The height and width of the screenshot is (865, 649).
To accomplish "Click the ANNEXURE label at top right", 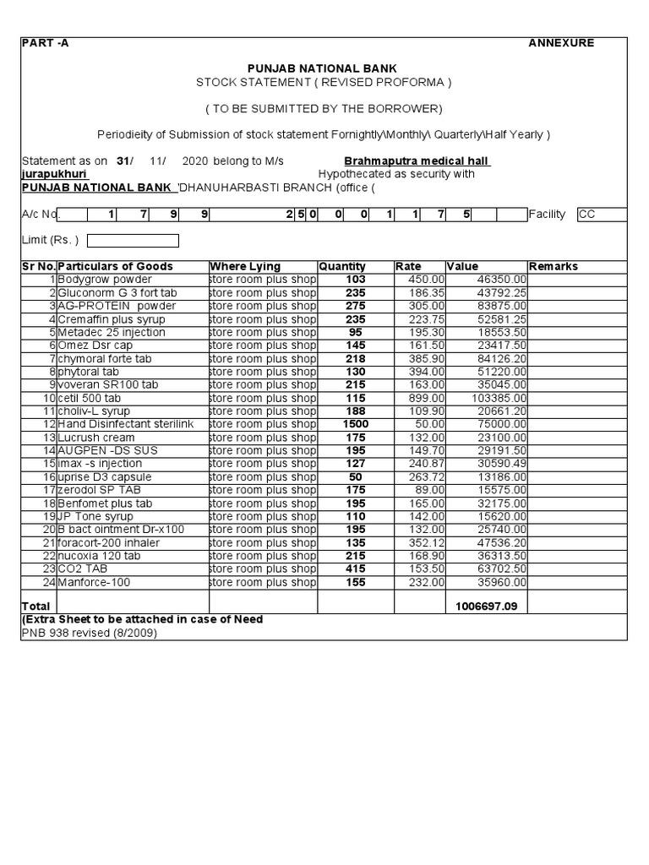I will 561,43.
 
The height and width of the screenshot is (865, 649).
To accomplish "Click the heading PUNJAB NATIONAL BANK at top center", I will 321,68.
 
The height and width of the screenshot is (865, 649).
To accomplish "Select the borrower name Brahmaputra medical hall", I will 417,161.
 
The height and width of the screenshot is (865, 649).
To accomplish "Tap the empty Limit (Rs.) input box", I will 133,241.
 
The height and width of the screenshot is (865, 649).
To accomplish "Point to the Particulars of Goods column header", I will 115,266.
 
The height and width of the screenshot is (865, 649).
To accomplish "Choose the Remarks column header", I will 553,266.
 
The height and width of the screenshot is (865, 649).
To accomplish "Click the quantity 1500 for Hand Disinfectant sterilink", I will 355,424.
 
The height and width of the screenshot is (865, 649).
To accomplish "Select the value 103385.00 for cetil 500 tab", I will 500,398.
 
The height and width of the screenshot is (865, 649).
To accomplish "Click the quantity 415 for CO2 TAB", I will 355,569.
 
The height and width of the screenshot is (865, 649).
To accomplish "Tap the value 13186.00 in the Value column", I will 503,477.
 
